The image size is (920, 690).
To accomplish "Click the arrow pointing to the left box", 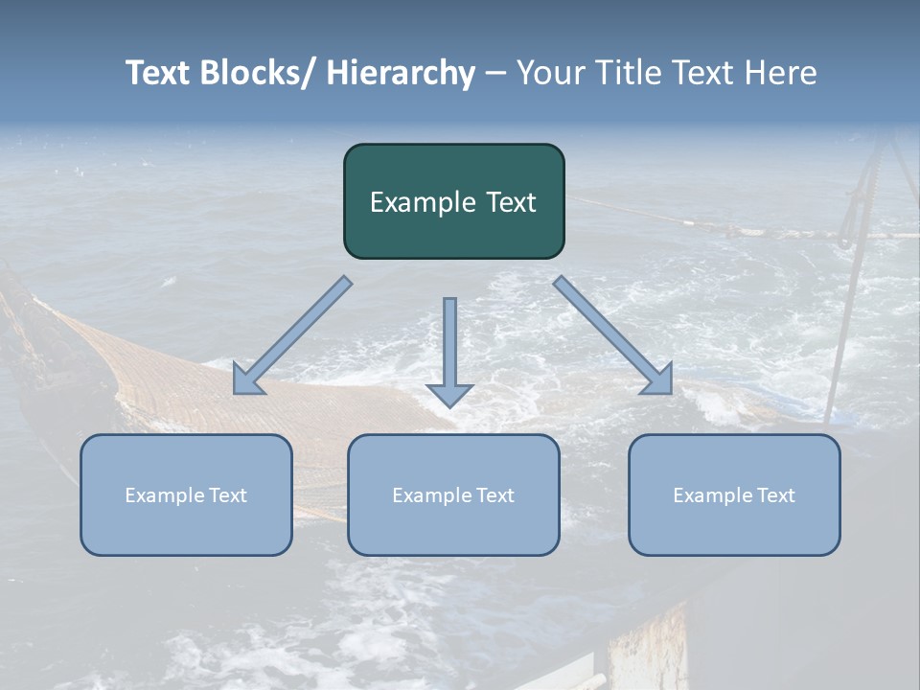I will pyautogui.click(x=292, y=336).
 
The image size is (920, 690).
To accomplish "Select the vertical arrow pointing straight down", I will pyautogui.click(x=449, y=350).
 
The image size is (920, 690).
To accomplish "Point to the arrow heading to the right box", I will pyautogui.click(x=613, y=335).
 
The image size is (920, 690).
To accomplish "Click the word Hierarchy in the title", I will pyautogui.click(x=401, y=73).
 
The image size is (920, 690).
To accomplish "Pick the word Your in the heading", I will pyautogui.click(x=549, y=73).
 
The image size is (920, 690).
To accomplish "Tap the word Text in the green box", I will pyautogui.click(x=509, y=203).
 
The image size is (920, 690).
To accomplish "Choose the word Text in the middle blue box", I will pyautogui.click(x=494, y=495).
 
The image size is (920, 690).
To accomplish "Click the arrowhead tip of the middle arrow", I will pyautogui.click(x=449, y=406).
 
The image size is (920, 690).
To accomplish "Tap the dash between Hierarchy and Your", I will pyautogui.click(x=496, y=74).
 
